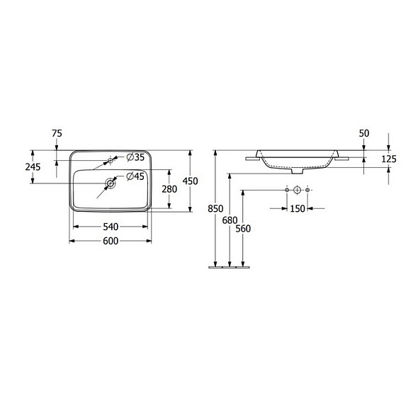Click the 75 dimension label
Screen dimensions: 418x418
[57, 133]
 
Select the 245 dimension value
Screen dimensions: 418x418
[33, 167]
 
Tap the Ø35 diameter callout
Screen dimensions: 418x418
[135, 157]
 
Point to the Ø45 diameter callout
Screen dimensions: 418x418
[135, 176]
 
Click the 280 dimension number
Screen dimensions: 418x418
[169, 189]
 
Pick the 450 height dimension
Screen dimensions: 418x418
[190, 181]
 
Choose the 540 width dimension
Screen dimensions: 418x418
[111, 227]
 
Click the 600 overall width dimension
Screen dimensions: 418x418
[111, 241]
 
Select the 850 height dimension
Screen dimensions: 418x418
[215, 208]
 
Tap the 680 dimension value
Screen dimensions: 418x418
[230, 220]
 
